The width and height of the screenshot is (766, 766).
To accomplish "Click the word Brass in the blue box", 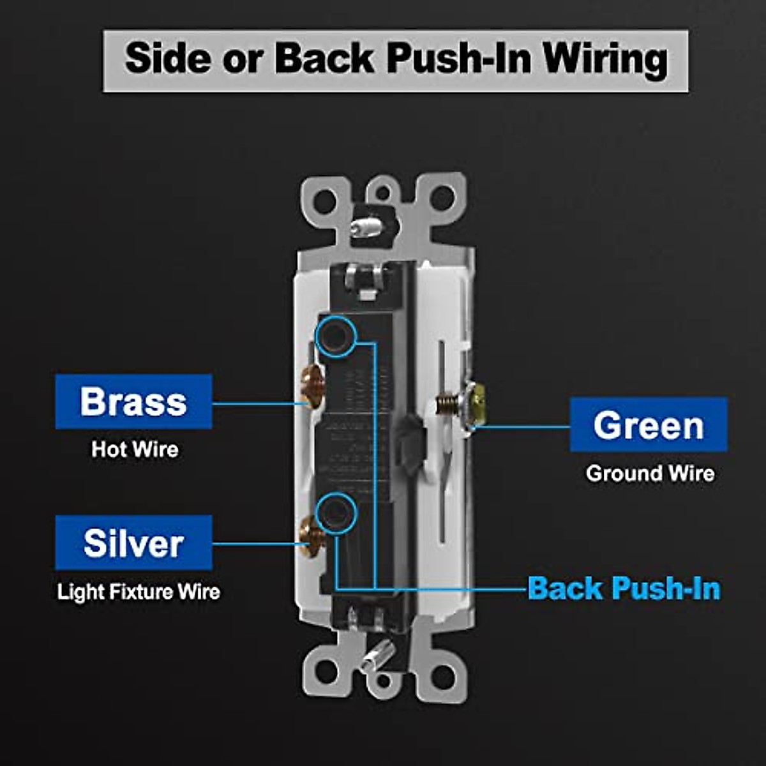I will point(133,402).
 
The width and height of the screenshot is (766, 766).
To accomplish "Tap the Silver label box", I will point(133,543).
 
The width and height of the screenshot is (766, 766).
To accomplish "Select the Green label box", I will point(648,425).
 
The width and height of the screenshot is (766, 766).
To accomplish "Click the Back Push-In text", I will point(624,588).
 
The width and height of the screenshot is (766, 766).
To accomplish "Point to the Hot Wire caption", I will point(135,449).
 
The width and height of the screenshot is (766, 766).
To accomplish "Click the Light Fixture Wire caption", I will point(139,592).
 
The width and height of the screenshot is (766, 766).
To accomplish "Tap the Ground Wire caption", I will point(650,474).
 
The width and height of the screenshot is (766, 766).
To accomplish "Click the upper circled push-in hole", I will point(334,336).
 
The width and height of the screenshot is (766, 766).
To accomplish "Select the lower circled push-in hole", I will point(335,513).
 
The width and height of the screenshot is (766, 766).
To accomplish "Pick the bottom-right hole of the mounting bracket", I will point(442,672).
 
